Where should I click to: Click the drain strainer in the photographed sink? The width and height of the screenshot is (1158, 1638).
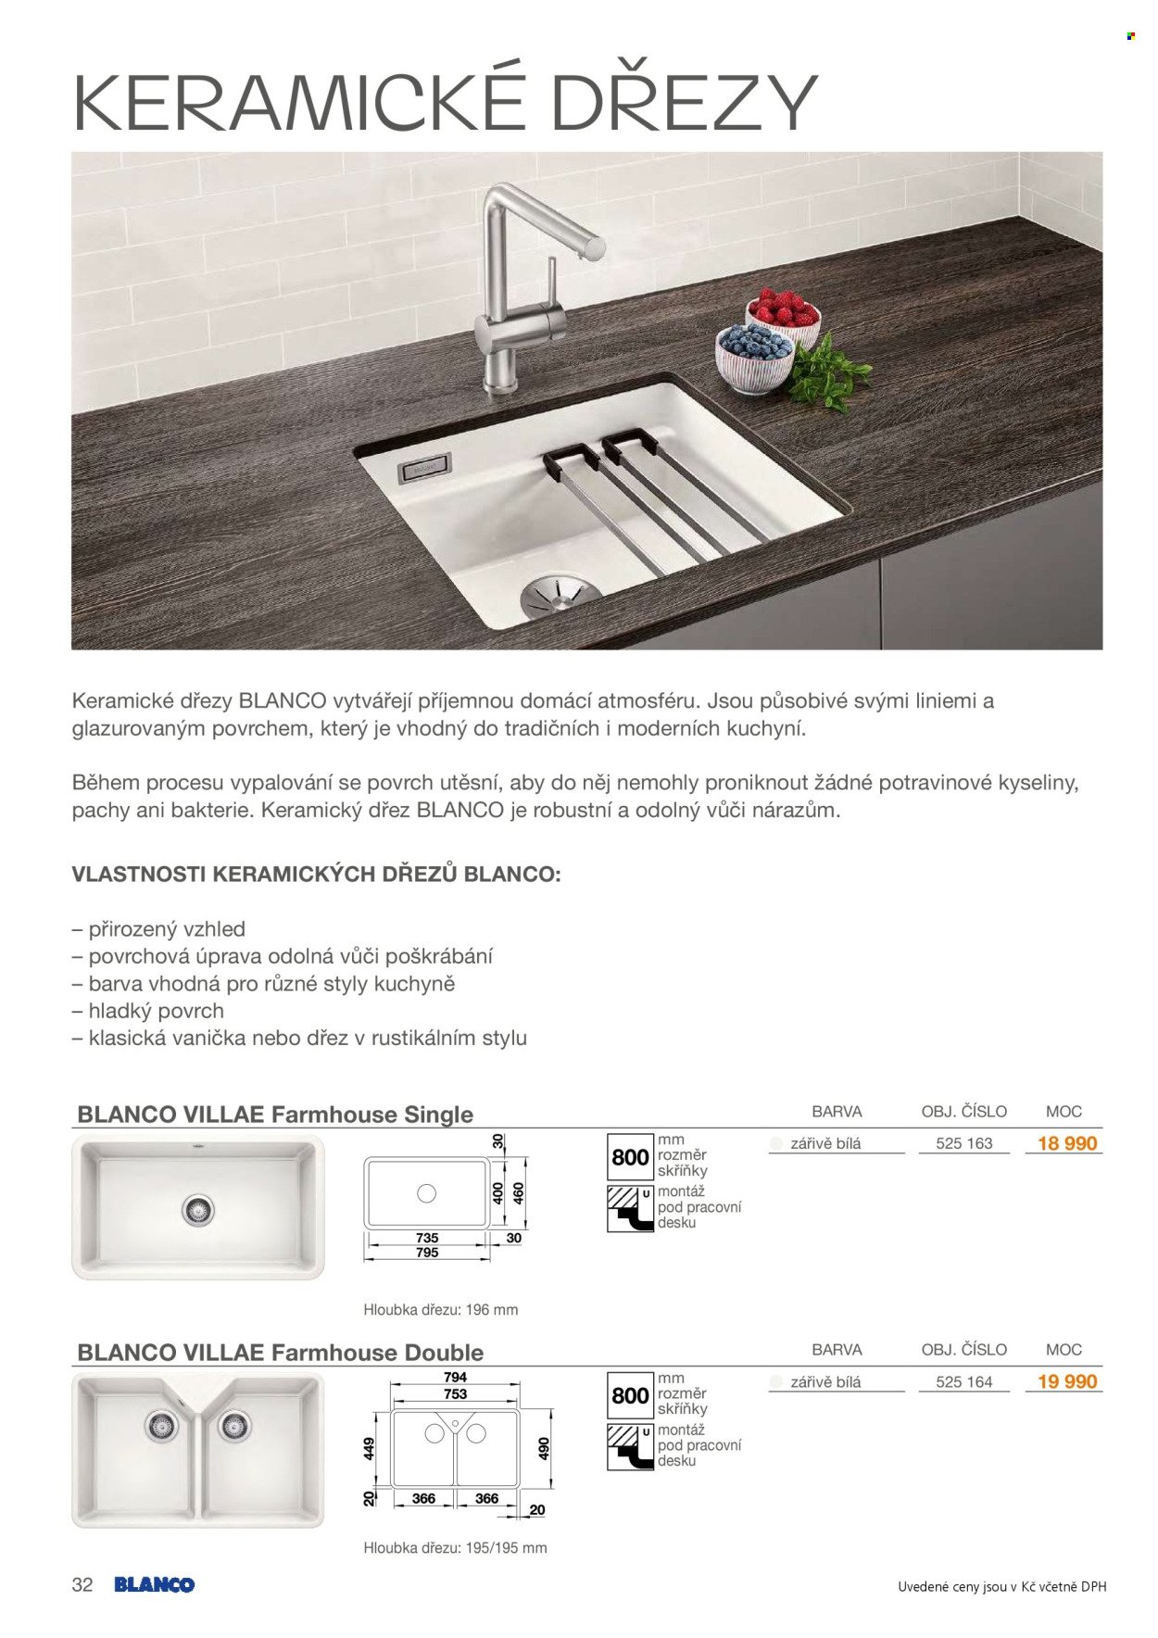click(555, 593)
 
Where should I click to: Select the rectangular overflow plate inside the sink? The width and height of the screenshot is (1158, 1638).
click(424, 469)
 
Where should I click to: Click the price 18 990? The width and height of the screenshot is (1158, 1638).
click(1066, 1143)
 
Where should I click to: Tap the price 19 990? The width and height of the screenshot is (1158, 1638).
click(1066, 1381)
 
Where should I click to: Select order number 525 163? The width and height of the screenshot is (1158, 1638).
click(963, 1143)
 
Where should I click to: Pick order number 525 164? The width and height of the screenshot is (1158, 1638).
click(963, 1381)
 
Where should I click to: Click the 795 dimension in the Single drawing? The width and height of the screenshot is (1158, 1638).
click(427, 1253)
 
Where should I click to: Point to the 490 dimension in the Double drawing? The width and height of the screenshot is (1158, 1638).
click(544, 1448)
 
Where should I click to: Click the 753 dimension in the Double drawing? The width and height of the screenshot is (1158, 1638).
click(456, 1393)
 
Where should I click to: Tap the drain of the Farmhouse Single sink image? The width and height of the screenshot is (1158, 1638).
click(197, 1209)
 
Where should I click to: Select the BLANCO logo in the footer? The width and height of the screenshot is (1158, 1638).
click(154, 1584)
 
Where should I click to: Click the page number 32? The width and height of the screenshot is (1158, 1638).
click(82, 1584)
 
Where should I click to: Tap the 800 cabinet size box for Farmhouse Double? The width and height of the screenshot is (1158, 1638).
click(630, 1395)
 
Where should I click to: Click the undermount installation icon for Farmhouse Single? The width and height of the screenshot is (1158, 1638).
click(630, 1208)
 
